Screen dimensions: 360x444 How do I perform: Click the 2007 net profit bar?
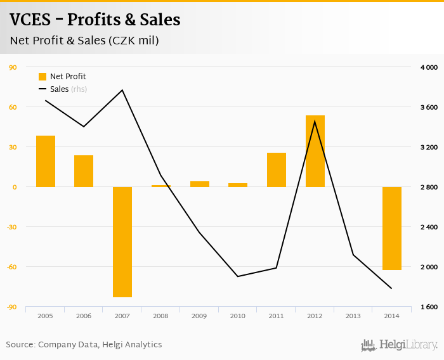(122, 241)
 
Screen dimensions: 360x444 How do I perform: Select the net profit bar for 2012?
(315, 151)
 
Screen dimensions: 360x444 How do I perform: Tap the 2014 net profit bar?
(392, 228)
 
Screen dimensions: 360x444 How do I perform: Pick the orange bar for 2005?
(46, 161)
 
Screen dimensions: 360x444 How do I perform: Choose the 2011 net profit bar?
(277, 170)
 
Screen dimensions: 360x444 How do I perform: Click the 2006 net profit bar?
(84, 171)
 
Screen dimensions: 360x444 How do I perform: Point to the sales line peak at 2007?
(122, 90)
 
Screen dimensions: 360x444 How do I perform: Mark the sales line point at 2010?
(238, 276)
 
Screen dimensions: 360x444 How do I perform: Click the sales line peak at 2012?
(315, 120)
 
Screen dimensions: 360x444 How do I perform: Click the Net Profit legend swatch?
(42, 77)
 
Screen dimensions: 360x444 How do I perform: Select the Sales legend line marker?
(42, 89)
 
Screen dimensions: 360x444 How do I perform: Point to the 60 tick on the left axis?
(13, 107)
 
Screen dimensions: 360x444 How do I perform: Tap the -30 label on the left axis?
(13, 227)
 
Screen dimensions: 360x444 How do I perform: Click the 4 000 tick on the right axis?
(429, 67)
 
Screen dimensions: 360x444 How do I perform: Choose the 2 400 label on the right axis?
(429, 227)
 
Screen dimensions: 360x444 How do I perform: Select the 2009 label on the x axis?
(199, 316)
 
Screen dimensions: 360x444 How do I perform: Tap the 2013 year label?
(353, 316)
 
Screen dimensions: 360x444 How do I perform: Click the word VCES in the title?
(30, 20)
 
